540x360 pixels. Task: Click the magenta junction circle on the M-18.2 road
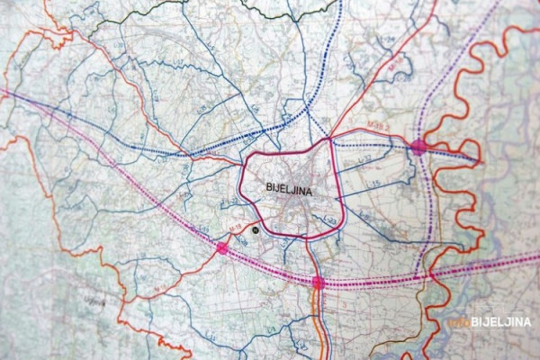[x=418, y=146]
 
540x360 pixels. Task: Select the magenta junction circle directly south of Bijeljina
[x=318, y=283]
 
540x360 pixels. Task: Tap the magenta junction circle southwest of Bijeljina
[x=222, y=247]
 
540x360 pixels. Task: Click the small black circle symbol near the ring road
[x=256, y=230]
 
